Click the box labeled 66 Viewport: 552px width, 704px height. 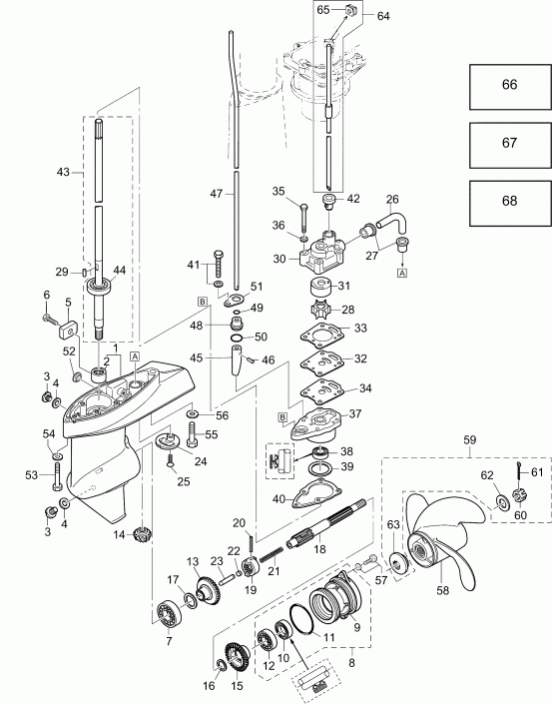tap(509, 86)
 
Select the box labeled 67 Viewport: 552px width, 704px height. tap(509, 143)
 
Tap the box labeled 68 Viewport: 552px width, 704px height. tap(509, 201)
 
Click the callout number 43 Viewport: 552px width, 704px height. tap(63, 173)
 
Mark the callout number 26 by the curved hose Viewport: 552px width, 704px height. tap(391, 199)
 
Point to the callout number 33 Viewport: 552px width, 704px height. tap(361, 328)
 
